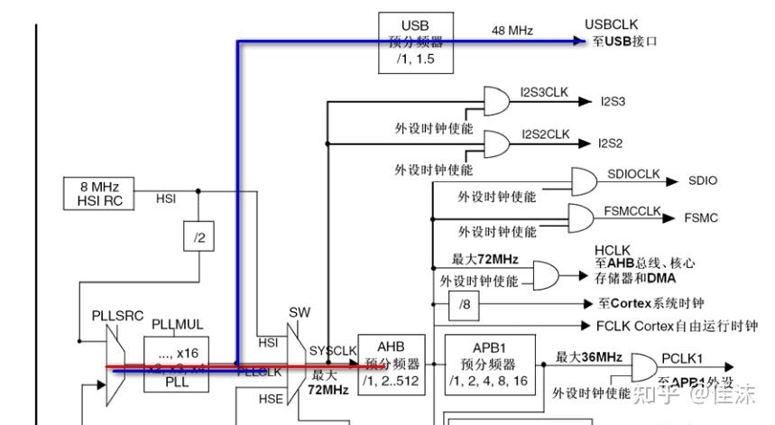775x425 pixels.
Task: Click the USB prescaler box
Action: (x=414, y=42)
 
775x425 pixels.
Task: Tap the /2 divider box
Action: (x=198, y=237)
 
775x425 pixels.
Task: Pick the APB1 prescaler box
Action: (x=493, y=364)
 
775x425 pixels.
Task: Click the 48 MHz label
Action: (x=512, y=31)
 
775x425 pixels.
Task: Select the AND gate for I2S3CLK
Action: (x=496, y=100)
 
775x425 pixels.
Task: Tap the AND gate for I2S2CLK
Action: (x=496, y=143)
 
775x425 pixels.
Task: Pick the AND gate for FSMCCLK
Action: (x=583, y=217)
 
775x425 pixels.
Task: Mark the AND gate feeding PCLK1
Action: (x=644, y=366)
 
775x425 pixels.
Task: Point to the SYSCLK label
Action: (x=334, y=351)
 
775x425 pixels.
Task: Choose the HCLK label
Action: (x=610, y=250)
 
